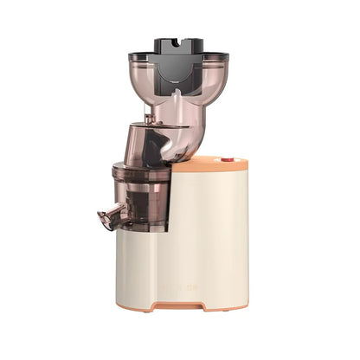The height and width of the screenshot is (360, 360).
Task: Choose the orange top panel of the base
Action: click(x=208, y=163)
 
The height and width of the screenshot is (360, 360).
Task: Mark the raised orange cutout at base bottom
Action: click(x=183, y=304)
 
